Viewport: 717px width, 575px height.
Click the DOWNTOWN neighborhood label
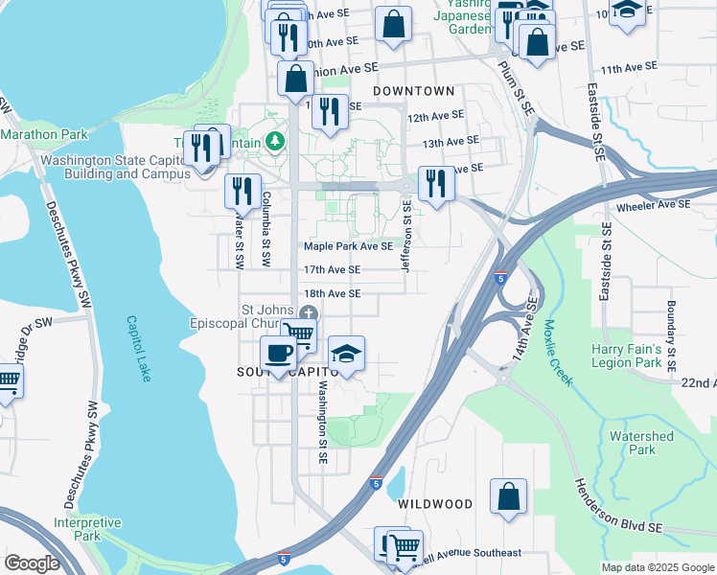(x=413, y=91)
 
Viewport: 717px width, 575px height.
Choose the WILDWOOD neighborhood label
(x=435, y=504)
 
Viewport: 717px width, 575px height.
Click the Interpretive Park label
(x=87, y=529)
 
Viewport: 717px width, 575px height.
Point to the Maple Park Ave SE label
(x=348, y=246)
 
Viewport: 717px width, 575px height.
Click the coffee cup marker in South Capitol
(x=278, y=355)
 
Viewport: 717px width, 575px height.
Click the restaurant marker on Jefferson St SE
(x=436, y=183)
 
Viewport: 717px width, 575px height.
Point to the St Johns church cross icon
(x=308, y=312)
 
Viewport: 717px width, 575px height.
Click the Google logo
(x=32, y=563)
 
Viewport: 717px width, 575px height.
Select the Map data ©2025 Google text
(x=657, y=567)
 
